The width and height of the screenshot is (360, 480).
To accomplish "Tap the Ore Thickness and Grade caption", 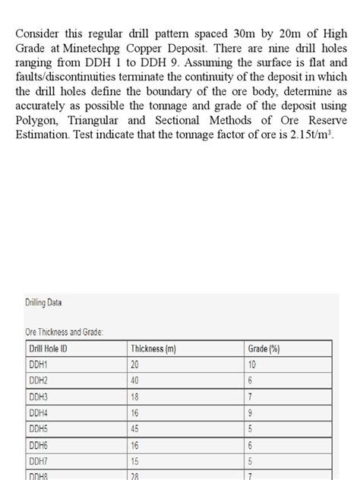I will tap(65, 332).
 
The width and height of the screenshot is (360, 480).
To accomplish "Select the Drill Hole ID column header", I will tap(53, 349).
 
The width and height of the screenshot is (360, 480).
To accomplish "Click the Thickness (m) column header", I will tap(154, 349).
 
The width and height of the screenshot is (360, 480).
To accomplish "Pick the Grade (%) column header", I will tap(264, 349).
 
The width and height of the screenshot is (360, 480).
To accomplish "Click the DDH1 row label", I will tap(38, 365).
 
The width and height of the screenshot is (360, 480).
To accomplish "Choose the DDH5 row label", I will tap(39, 428).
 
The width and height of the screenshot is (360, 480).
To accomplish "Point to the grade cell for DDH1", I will tap(253, 365).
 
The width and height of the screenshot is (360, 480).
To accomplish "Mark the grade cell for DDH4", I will tap(251, 412).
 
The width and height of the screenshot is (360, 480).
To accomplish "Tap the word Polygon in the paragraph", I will tap(35, 120).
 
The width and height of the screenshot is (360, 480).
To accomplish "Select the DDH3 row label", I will tap(39, 396).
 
